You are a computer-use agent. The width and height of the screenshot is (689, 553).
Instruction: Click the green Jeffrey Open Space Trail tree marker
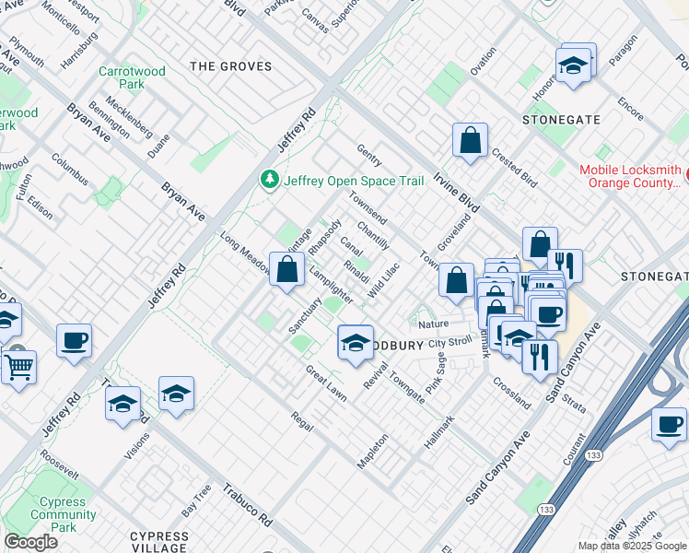(270, 180)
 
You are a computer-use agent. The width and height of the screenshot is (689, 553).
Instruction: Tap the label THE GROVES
(230, 66)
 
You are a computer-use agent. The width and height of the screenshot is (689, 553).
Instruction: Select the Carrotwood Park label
(134, 76)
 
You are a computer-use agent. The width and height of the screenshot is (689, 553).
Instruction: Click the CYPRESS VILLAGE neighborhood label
(158, 541)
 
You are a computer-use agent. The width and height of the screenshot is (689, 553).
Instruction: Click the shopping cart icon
(18, 368)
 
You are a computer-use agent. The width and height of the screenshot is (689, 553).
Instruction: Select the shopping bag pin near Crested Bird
(470, 141)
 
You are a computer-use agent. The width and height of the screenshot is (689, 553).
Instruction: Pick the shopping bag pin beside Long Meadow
(287, 270)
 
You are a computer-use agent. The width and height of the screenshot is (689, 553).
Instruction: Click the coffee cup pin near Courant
(668, 424)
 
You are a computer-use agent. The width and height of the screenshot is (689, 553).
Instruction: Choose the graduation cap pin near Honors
(573, 65)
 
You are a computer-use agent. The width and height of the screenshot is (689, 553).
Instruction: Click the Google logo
(30, 542)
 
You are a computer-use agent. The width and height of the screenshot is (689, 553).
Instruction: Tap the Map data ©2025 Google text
(631, 546)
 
